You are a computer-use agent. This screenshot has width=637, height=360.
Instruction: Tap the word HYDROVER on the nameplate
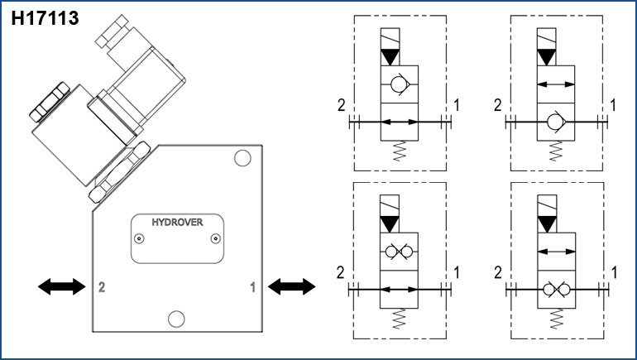tap(177, 222)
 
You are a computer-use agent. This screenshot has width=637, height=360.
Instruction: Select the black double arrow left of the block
tap(62, 286)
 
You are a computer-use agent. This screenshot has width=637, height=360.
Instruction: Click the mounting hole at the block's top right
tap(242, 158)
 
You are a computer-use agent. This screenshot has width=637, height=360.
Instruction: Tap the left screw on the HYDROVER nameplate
tap(140, 239)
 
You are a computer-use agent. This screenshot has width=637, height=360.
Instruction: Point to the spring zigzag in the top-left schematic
tap(399, 151)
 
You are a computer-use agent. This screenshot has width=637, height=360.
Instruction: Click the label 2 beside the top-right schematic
tap(498, 105)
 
